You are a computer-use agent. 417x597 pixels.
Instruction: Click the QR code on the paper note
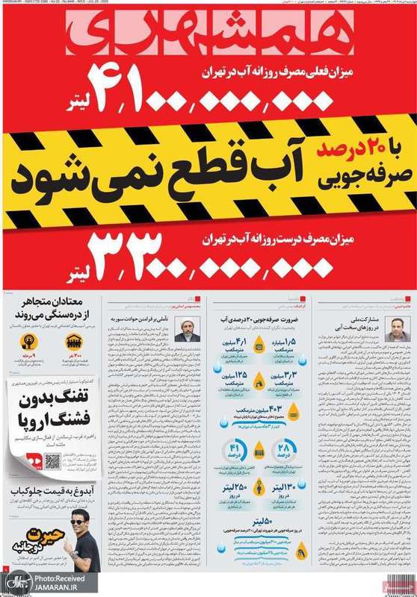pyautogui.click(x=52, y=461)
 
